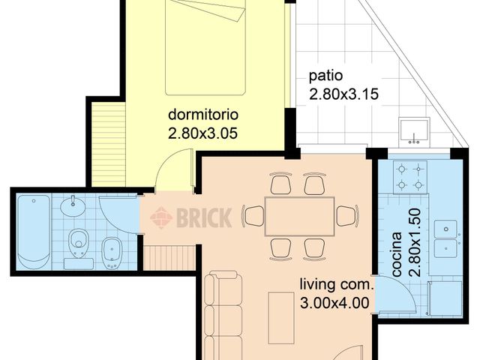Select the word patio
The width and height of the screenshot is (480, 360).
[326, 76]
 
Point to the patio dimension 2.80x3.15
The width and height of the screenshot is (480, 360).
[343, 94]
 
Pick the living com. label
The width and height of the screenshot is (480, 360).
[335, 285]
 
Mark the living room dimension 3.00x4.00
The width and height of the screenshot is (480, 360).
[335, 303]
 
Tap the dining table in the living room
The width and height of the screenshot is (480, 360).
[299, 216]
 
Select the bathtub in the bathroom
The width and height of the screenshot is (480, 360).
[34, 230]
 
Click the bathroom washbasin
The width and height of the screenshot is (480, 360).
[73, 205]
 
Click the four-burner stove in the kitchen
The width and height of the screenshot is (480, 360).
[411, 176]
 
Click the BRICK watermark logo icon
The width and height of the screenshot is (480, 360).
[161, 217]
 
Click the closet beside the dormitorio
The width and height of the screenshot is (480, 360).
[107, 142]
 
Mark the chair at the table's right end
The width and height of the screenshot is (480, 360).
[346, 216]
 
